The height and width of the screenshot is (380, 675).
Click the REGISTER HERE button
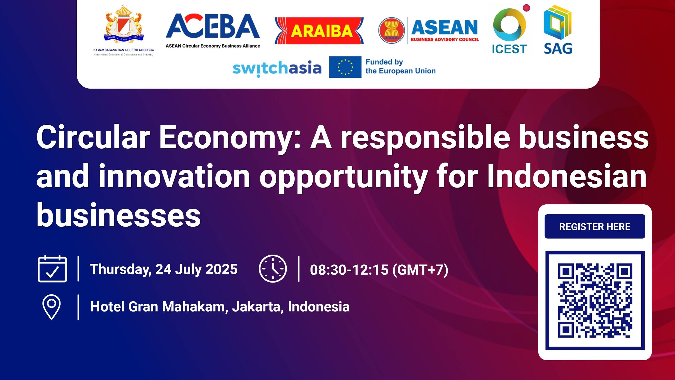[595, 226]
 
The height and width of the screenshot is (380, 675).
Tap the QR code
[595, 300]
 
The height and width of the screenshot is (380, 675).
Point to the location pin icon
[51, 307]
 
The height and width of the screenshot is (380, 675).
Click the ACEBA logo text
[213, 26]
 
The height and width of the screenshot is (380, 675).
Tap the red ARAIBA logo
[319, 31]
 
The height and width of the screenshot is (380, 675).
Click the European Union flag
[345, 67]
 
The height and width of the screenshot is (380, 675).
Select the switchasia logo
[277, 68]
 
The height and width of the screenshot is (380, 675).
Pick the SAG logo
[558, 30]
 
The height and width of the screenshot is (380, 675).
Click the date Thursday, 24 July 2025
[164, 269]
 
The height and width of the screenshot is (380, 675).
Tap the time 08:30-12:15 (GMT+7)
[379, 270]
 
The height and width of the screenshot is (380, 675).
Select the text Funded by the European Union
[400, 67]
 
